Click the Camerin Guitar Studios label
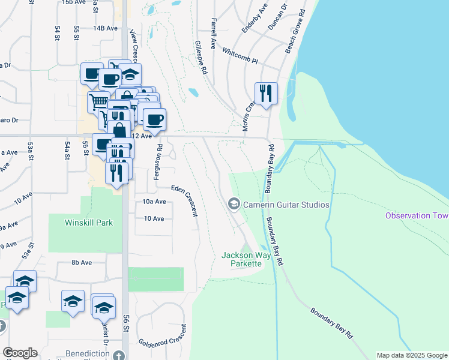pos(286,205)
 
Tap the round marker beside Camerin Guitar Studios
pos(234,205)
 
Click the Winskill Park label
pos(89,223)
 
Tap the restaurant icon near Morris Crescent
pos(266,94)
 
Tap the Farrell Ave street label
pos(213,33)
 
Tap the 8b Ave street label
pos(81,262)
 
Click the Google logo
pos(20,353)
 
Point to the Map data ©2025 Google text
pos(411,355)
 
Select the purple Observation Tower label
pos(417,215)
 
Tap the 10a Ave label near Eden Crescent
pos(154,202)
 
